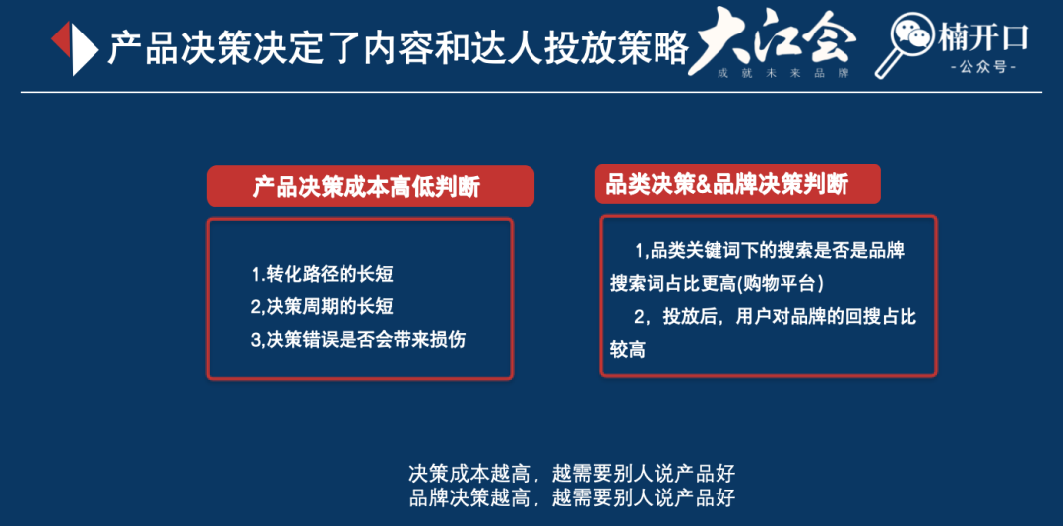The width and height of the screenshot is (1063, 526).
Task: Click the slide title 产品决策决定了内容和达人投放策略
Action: tap(398, 46)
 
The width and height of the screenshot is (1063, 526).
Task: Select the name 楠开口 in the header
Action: tap(984, 37)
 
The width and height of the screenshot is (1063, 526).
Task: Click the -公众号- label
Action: tap(984, 67)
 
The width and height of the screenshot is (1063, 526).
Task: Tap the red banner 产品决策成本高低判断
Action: tap(369, 186)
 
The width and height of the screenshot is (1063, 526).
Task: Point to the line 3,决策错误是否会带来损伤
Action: tap(358, 340)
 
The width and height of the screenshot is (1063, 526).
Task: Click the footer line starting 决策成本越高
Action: tap(572, 473)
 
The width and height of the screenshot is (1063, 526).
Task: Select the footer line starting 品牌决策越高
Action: tap(572, 496)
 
